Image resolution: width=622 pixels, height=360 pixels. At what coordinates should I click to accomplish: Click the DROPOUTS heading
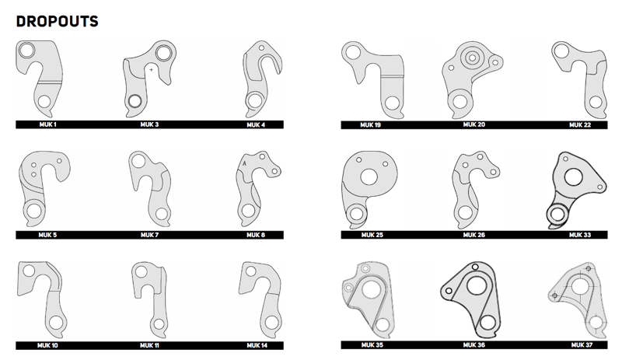click(57, 21)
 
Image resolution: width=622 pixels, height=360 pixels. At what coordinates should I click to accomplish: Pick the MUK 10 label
click(47, 344)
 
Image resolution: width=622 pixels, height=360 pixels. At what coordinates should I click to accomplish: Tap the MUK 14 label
click(257, 344)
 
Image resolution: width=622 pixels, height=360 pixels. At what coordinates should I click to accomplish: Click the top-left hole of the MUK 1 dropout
click(27, 52)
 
